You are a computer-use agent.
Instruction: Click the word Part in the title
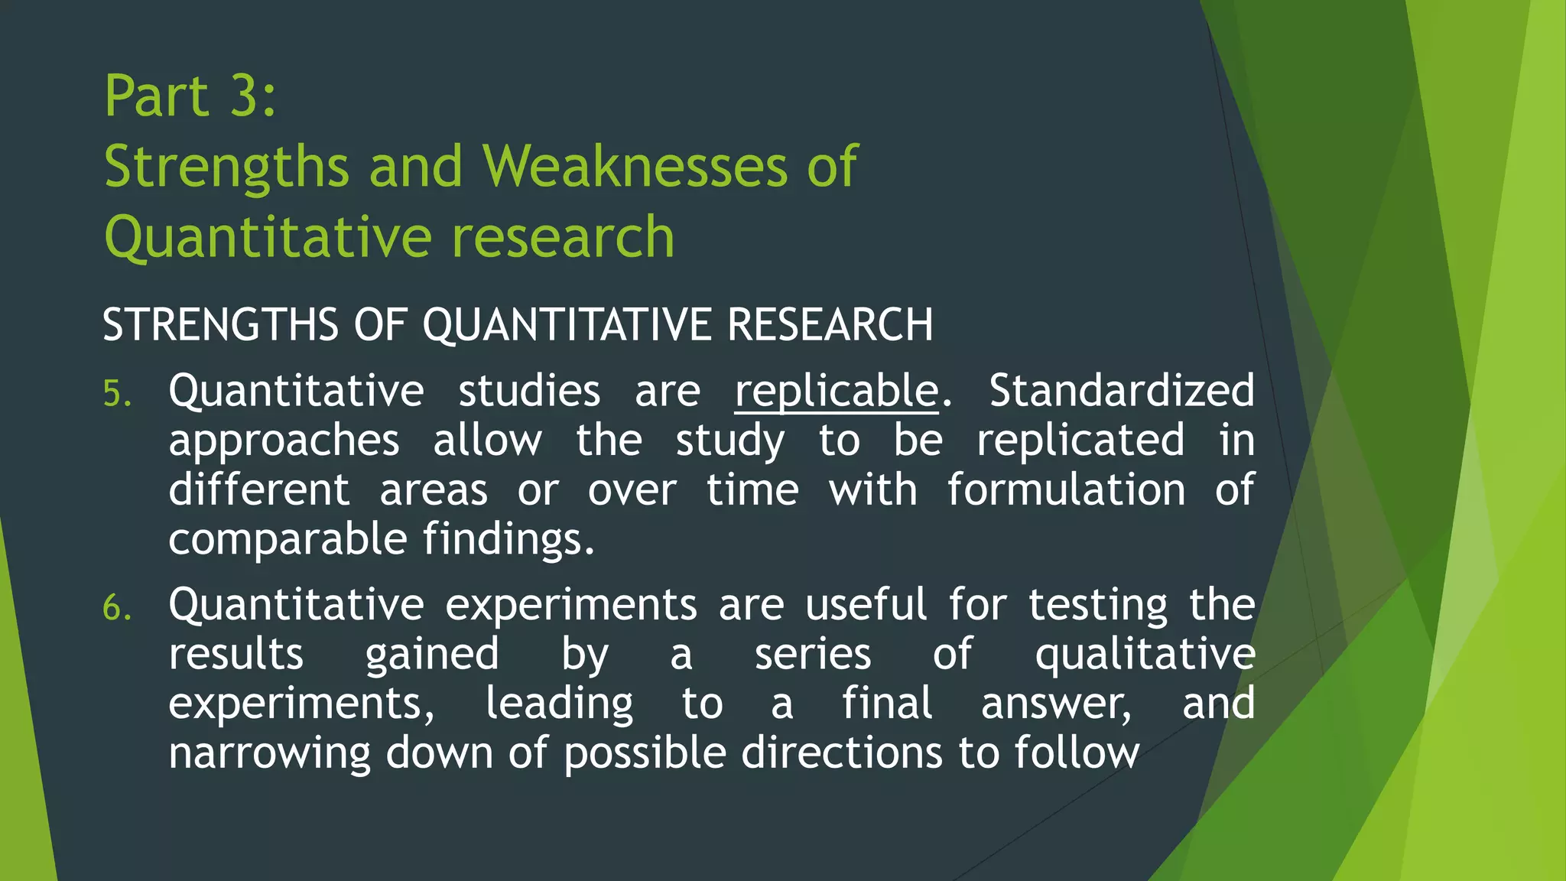point(157,96)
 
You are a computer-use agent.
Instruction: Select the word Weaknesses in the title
point(634,166)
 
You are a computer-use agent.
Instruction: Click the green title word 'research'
point(563,236)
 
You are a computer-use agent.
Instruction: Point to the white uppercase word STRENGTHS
point(219,324)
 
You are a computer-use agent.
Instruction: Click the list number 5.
point(117,394)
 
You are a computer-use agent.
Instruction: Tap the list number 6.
point(117,608)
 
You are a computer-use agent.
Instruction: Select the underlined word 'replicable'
point(836,391)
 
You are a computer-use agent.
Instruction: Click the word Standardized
point(1122,391)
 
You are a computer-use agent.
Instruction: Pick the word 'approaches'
point(284,442)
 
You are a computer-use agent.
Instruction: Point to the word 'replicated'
point(1080,440)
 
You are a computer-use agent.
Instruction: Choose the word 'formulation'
point(1067,489)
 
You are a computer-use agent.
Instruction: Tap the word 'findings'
point(508,540)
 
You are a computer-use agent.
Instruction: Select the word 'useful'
point(866,604)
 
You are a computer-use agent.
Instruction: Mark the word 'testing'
point(1098,606)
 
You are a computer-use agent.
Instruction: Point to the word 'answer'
point(1055,704)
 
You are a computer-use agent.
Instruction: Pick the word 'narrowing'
point(269,754)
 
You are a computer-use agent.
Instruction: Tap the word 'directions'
point(841,753)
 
